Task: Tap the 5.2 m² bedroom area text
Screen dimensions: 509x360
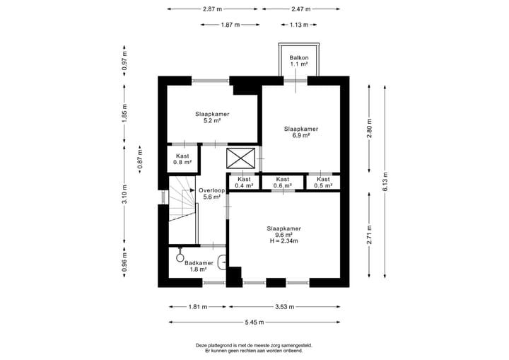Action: (212, 120)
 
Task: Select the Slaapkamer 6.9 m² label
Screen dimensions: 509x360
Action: (301, 132)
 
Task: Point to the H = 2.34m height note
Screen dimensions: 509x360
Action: (283, 241)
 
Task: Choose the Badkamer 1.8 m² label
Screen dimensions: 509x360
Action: (199, 266)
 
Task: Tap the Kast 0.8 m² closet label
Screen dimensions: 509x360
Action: (182, 159)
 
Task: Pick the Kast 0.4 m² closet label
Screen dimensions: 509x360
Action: (244, 182)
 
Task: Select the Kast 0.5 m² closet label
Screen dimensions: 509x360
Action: (323, 182)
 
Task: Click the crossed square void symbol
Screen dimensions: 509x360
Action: (240, 158)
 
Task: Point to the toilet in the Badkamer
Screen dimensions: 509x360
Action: (180, 255)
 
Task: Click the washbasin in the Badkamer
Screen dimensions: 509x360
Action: (223, 262)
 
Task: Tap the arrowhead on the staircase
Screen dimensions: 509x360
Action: (192, 190)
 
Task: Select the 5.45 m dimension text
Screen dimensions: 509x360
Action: (255, 323)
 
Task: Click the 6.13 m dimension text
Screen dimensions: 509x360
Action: (385, 182)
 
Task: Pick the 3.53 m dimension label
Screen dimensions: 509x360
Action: (285, 307)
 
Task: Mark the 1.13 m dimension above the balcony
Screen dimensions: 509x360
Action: (299, 25)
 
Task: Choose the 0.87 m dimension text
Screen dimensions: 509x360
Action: (140, 159)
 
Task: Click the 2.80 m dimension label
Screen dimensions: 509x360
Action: (370, 129)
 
